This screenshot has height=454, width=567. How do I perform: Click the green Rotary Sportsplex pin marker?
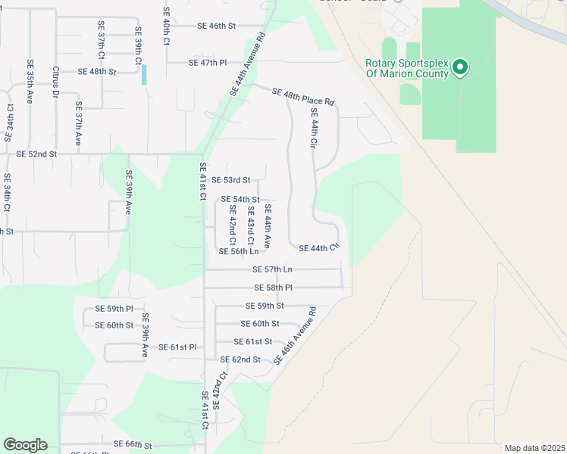tap(459, 69)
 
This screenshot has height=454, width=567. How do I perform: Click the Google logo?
tap(25, 445)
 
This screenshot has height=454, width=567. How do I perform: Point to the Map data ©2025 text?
tap(534, 448)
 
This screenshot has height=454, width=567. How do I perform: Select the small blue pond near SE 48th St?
tap(144, 74)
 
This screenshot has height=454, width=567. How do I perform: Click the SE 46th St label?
tap(217, 26)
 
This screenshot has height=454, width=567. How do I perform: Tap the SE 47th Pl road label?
tap(208, 62)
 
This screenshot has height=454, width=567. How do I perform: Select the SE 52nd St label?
tap(36, 154)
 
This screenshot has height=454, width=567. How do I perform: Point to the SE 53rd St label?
tap(231, 180)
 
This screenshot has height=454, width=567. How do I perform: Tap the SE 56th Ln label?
tap(239, 251)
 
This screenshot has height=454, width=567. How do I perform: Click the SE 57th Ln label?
tap(273, 269)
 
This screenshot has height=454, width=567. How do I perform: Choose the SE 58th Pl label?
tap(274, 288)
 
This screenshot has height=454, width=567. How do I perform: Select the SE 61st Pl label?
tap(177, 347)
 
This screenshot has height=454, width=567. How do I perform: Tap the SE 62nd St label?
tap(240, 359)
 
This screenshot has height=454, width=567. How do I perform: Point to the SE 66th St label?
tap(133, 444)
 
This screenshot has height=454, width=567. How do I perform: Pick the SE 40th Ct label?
tap(165, 26)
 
